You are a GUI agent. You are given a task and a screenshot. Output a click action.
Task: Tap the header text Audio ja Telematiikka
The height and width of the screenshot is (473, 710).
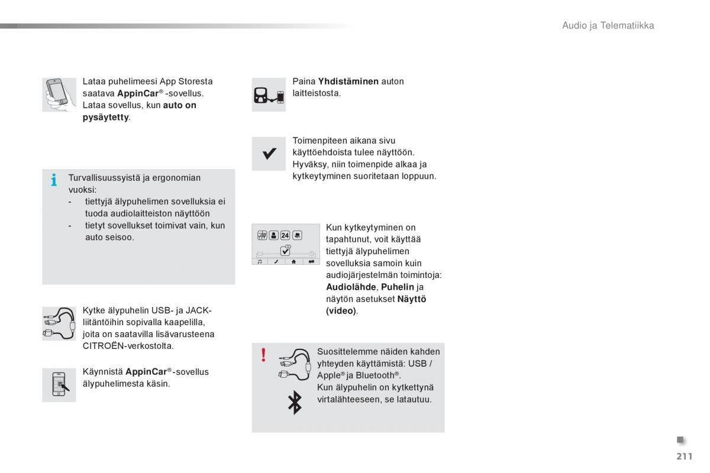(608, 25)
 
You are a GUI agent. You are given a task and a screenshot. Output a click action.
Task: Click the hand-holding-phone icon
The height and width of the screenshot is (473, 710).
(59, 95)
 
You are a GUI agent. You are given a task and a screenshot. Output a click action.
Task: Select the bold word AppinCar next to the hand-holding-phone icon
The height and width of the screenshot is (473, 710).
(138, 93)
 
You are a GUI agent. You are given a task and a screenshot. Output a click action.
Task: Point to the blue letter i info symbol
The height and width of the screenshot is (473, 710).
(54, 180)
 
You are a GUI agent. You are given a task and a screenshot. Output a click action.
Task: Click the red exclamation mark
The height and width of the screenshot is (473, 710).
(263, 355)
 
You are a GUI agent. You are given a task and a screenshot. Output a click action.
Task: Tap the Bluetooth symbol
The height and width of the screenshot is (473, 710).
(294, 403)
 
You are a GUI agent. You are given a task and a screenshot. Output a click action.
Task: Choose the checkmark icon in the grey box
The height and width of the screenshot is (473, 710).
(269, 154)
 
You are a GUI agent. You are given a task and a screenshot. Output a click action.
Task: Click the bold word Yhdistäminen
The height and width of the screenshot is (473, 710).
(348, 81)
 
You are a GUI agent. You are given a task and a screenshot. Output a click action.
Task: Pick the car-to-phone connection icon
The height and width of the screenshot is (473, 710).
(269, 95)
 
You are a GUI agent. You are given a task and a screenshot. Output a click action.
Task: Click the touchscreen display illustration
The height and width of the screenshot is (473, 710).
(285, 244)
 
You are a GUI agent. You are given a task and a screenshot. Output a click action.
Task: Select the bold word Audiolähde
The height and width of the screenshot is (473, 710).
(350, 287)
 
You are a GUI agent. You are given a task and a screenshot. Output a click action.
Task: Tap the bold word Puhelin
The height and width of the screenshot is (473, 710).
(398, 287)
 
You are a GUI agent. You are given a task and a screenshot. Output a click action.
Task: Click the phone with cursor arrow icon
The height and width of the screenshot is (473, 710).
(59, 385)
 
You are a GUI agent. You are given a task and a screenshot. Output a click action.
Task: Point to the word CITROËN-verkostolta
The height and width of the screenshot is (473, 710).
(128, 346)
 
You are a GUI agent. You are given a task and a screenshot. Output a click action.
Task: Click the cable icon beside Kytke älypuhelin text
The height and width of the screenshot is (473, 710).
(59, 323)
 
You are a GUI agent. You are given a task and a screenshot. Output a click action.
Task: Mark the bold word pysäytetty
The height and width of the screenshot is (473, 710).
(105, 117)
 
